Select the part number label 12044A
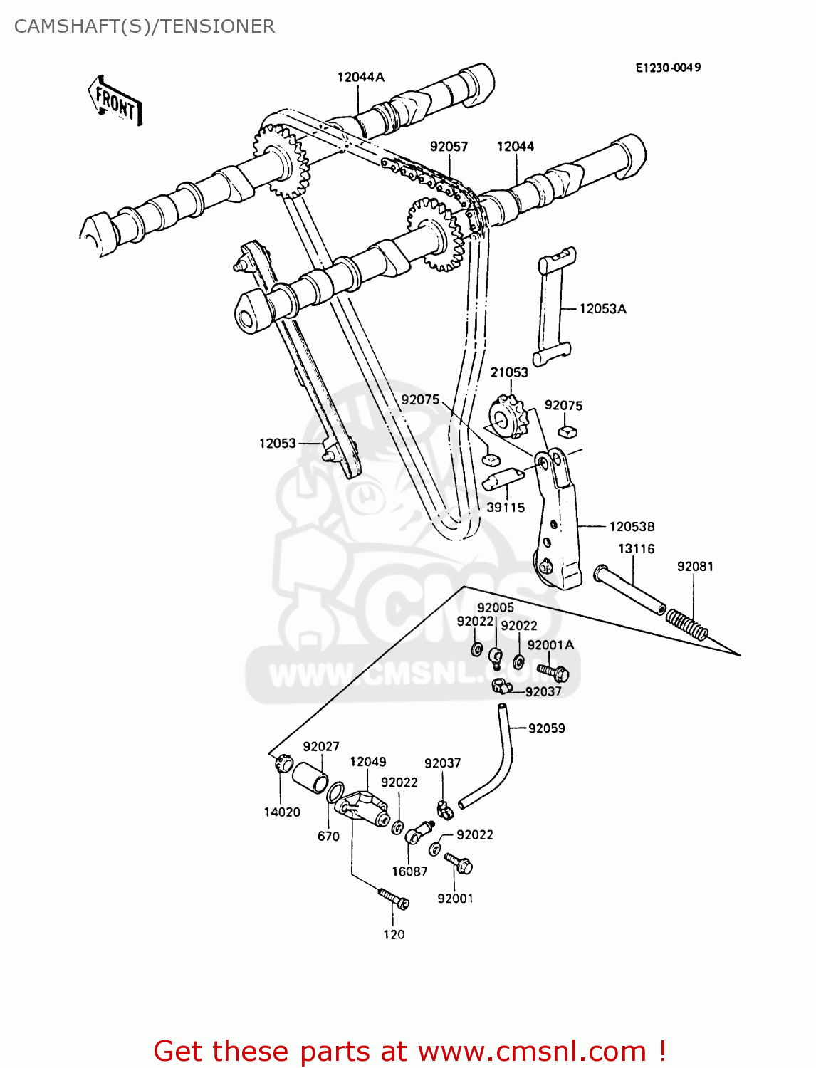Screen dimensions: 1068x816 [x=360, y=77]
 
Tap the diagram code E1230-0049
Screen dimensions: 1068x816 [x=668, y=68]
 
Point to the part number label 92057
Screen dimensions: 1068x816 [x=449, y=146]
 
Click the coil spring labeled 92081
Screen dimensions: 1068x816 [x=687, y=624]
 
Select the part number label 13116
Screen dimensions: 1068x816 [x=636, y=548]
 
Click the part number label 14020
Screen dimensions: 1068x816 [x=282, y=812]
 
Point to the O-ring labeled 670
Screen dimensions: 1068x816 [x=335, y=792]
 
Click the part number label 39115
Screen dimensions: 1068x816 [x=506, y=507]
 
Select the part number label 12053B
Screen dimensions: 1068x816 [x=632, y=527]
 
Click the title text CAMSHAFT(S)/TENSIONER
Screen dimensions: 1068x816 [x=145, y=26]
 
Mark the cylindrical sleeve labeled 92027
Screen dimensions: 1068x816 [x=310, y=778]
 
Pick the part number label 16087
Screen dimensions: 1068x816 [x=409, y=871]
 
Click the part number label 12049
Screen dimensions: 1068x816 [x=367, y=762]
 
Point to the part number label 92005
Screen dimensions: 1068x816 [x=495, y=607]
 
